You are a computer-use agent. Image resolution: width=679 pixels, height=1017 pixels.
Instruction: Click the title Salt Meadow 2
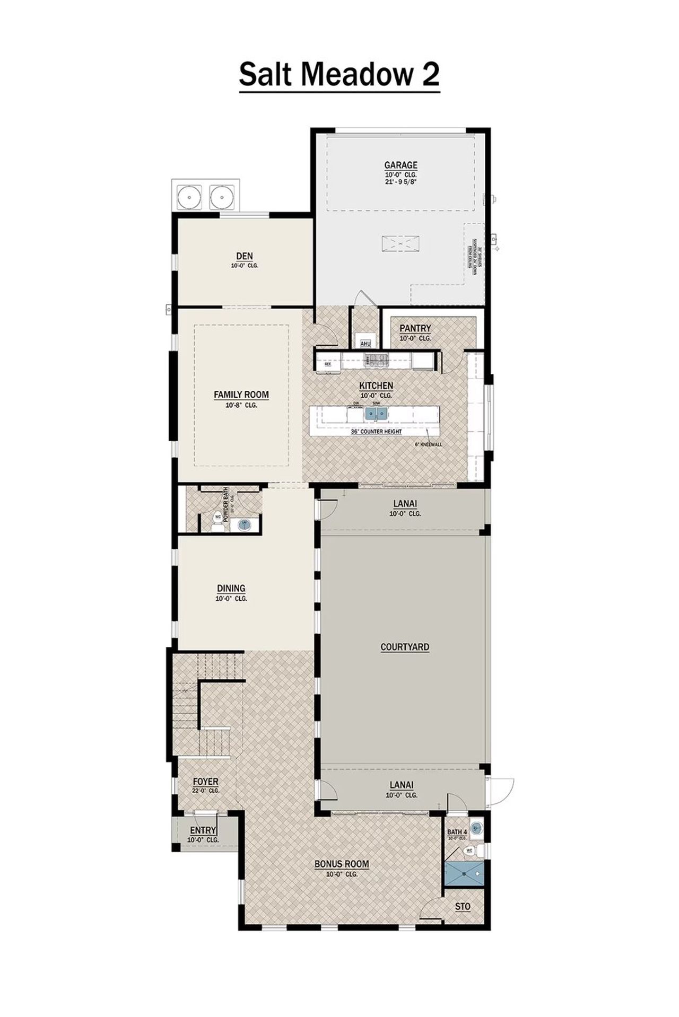pos(339,75)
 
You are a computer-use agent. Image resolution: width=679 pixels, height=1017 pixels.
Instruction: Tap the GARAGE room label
pos(401,165)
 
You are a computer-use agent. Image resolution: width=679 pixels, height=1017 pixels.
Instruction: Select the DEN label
pos(245,257)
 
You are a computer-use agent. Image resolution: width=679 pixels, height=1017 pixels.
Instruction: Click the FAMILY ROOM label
pos(241,394)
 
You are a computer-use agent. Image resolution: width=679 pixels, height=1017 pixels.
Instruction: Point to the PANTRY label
pos(415,329)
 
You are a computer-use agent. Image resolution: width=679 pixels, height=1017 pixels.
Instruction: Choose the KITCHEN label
pos(376,386)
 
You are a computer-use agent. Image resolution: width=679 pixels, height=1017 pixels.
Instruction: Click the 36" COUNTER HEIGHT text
pos(376,432)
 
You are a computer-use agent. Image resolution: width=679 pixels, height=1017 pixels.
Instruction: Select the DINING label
pos(231,589)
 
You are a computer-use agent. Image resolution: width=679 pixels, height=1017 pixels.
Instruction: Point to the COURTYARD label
pos(405,647)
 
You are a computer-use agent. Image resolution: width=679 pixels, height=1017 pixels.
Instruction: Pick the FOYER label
pos(205,782)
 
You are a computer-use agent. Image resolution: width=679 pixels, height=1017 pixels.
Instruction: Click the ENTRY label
pos(203,830)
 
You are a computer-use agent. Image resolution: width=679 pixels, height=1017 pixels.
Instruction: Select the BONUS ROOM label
pos(342,864)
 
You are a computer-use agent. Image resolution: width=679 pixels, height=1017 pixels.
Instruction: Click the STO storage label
pos(463,907)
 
